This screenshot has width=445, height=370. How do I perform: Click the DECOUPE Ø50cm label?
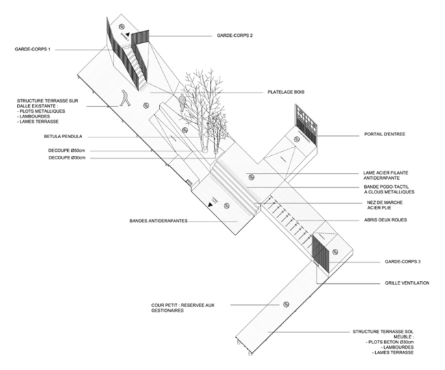68,150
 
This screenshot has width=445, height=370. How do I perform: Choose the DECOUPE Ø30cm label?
68,158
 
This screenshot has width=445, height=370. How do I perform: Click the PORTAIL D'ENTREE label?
385,135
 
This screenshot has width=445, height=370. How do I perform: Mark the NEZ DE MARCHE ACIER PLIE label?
386,206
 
